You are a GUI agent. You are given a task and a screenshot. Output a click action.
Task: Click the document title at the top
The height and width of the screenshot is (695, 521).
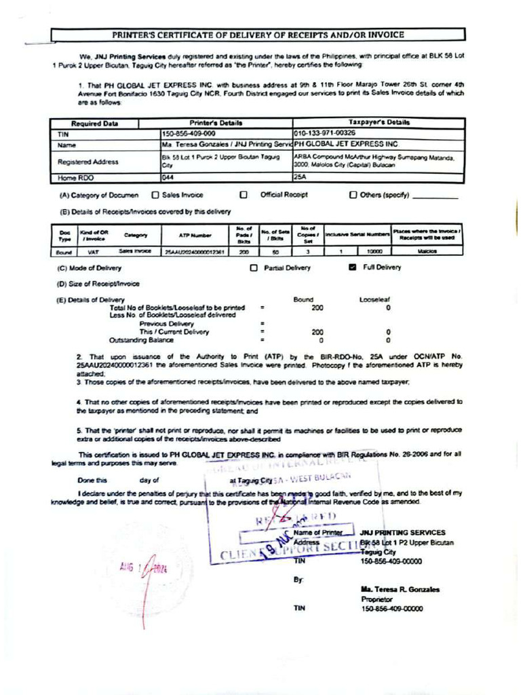coord(258,34)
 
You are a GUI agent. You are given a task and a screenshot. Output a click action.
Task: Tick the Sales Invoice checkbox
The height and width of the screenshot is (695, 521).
coord(155,195)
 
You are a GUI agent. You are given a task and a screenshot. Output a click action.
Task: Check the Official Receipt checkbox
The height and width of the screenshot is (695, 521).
coord(243,195)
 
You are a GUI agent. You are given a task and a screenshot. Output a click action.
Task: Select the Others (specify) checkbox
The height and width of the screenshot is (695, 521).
coord(353,195)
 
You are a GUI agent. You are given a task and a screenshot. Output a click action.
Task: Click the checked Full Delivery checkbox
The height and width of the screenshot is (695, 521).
coord(352,267)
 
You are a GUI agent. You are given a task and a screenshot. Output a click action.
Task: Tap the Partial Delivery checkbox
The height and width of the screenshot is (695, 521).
coord(254,268)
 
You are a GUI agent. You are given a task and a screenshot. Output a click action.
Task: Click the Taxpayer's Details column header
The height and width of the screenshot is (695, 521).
coord(379,123)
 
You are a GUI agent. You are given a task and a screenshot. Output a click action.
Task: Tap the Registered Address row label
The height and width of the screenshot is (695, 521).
coord(88,162)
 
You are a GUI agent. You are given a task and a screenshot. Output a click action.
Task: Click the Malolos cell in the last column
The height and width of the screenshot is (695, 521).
coord(427,251)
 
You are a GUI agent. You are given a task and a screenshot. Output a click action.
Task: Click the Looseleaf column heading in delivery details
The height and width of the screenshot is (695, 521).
coord(374,299)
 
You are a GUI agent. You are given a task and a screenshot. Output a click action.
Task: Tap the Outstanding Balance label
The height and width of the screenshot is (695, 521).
coord(141,340)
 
